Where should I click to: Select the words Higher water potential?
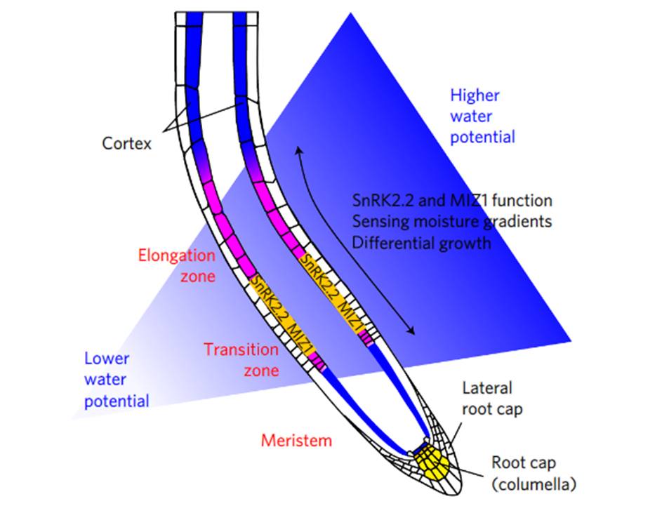pos(482,116)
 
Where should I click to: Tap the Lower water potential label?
pos(117,380)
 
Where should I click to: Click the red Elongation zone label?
pos(176,265)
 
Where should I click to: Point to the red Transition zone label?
pos(241,359)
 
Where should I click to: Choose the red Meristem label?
pos(296,441)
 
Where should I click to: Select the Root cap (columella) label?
pos(534,473)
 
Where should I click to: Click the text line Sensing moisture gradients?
pos(452,222)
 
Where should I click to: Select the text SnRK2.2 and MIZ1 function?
pos(452,201)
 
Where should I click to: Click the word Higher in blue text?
pos(475,95)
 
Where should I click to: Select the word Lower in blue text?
pos(107,359)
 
